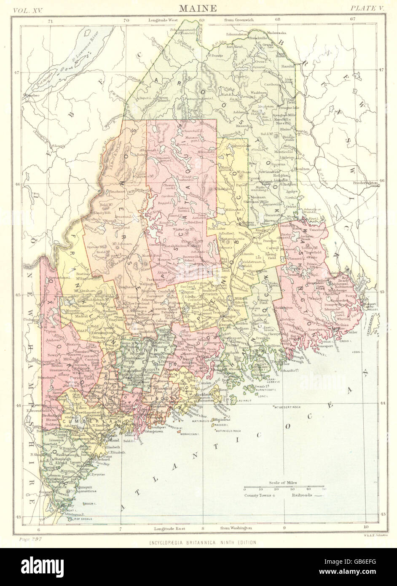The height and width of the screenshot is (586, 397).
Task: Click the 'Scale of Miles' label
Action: tap(283, 482)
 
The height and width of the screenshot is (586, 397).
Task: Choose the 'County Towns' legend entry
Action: tap(258, 495)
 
